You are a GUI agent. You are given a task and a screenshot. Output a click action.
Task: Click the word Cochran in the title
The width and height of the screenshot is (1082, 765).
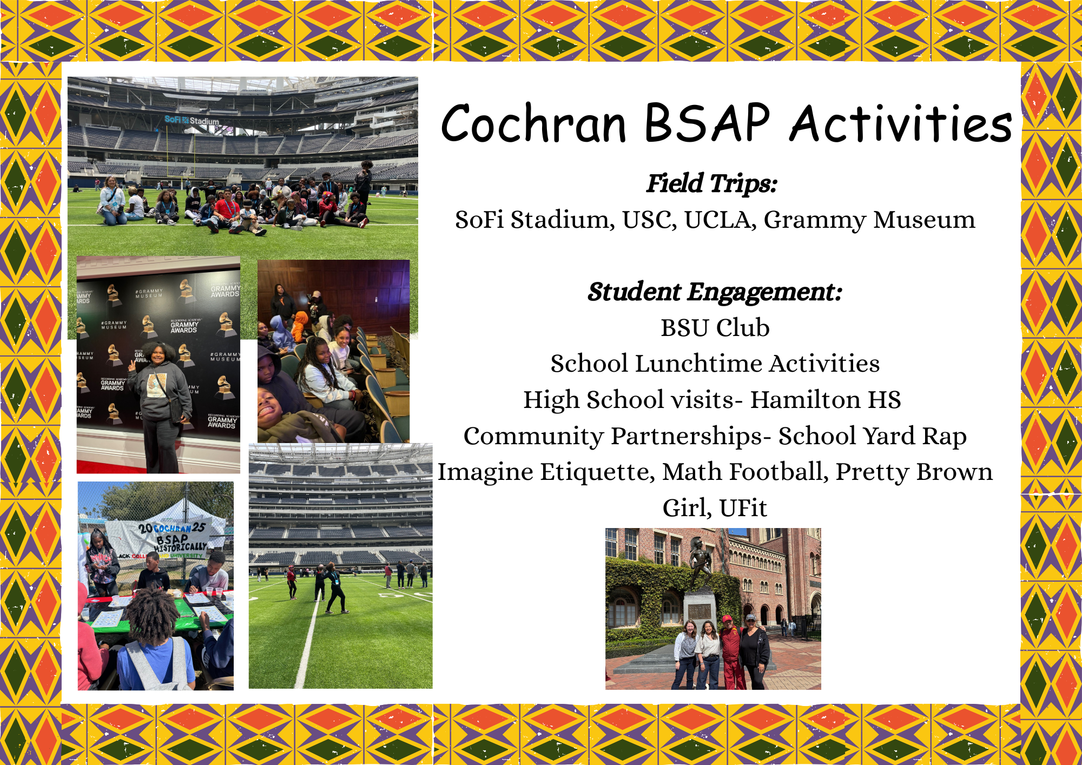coord(534,123)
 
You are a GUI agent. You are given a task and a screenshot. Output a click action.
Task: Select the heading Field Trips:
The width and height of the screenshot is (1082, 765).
coord(712,183)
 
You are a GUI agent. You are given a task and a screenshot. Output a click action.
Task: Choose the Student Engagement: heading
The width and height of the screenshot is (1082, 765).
coord(715,292)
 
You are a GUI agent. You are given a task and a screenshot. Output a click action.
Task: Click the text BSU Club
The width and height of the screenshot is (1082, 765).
coord(715,328)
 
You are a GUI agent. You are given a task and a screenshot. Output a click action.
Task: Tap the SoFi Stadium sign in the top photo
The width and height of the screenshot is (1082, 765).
coord(192,120)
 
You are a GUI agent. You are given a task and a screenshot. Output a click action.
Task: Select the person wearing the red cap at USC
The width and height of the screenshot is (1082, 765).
coord(730,651)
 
